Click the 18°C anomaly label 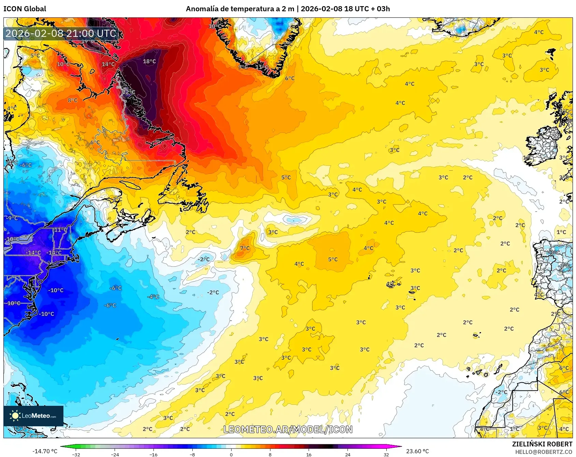click(x=149, y=61)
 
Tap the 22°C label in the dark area click(x=129, y=92)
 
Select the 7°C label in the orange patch click(x=245, y=248)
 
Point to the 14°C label click(x=108, y=64)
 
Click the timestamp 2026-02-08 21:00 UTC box click(x=61, y=33)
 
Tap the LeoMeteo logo click(x=33, y=416)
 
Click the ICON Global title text click(x=25, y=9)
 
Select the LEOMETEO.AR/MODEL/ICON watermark click(x=288, y=429)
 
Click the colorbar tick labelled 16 click(x=309, y=454)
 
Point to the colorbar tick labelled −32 click(x=76, y=454)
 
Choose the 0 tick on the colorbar click(x=231, y=454)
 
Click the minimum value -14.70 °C click(x=45, y=451)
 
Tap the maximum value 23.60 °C click(x=417, y=451)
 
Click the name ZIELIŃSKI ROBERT click(x=542, y=444)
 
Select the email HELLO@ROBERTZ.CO click(x=543, y=452)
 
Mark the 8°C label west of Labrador click(x=73, y=100)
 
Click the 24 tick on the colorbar click(x=348, y=454)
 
